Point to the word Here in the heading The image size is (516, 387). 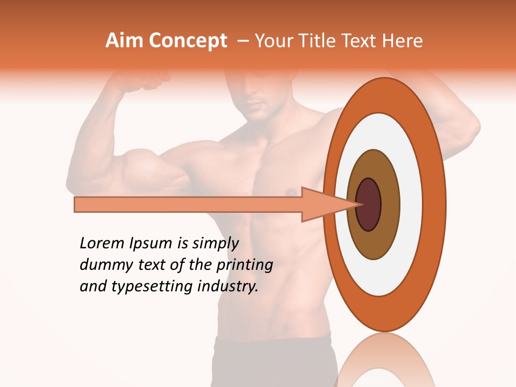(403, 41)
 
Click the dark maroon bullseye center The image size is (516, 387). (369, 204)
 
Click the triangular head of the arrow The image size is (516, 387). (322, 204)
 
